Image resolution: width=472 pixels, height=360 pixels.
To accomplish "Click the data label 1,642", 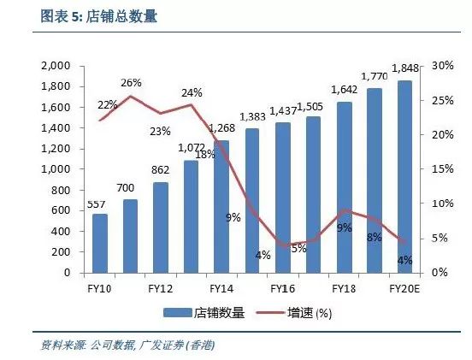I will click(344, 90).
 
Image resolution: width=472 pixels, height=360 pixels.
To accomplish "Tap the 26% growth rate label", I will click(131, 83).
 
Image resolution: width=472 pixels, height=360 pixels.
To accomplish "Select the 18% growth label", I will click(205, 155).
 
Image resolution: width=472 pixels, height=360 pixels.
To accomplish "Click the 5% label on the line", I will click(298, 248).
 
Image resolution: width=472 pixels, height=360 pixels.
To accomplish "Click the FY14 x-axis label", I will click(221, 289).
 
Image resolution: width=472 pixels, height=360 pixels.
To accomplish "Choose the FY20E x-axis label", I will click(403, 289).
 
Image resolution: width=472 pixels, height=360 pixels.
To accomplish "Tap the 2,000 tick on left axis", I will click(56, 66).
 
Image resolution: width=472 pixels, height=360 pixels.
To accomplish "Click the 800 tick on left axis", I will click(62, 190).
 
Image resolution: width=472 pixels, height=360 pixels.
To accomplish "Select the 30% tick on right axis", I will click(443, 66).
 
